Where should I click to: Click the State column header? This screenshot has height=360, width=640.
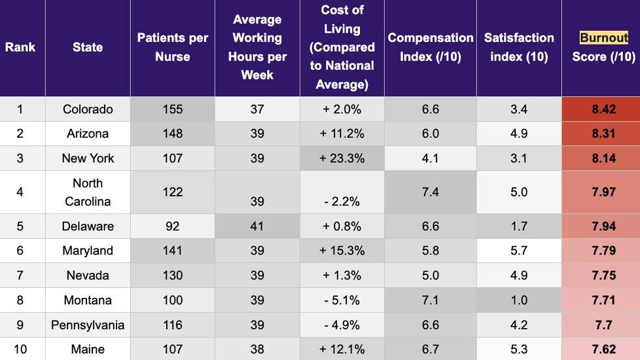pos(88,47)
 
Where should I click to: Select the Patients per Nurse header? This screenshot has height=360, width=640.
pos(172,47)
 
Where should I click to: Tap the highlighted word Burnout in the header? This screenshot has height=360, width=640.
pos(603,38)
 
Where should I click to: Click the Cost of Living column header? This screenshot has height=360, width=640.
pos(342,47)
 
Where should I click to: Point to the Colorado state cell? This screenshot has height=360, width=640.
pos(88,109)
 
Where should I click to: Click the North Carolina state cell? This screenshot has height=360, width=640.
pos(88,192)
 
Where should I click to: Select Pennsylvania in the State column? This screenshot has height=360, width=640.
pos(88,325)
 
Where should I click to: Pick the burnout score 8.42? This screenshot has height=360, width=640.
pos(603,109)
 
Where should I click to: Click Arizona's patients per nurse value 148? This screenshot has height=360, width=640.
pos(172,134)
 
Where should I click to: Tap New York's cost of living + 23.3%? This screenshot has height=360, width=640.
pos(342,158)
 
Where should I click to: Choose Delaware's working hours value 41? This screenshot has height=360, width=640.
pos(257,226)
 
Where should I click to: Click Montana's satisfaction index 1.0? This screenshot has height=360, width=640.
pos(519,300)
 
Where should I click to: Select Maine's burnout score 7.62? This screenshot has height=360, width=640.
pos(603,349)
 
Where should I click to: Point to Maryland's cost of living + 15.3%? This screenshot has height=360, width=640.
pos(342,251)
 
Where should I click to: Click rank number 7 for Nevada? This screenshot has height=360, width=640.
pos(20,276)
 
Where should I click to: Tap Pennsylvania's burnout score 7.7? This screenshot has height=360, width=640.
pos(603,325)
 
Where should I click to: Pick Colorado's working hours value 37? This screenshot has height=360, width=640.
pos(257,109)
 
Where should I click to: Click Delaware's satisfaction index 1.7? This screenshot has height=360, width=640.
pos(519,226)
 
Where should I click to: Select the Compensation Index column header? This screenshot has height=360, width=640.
pos(430,47)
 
